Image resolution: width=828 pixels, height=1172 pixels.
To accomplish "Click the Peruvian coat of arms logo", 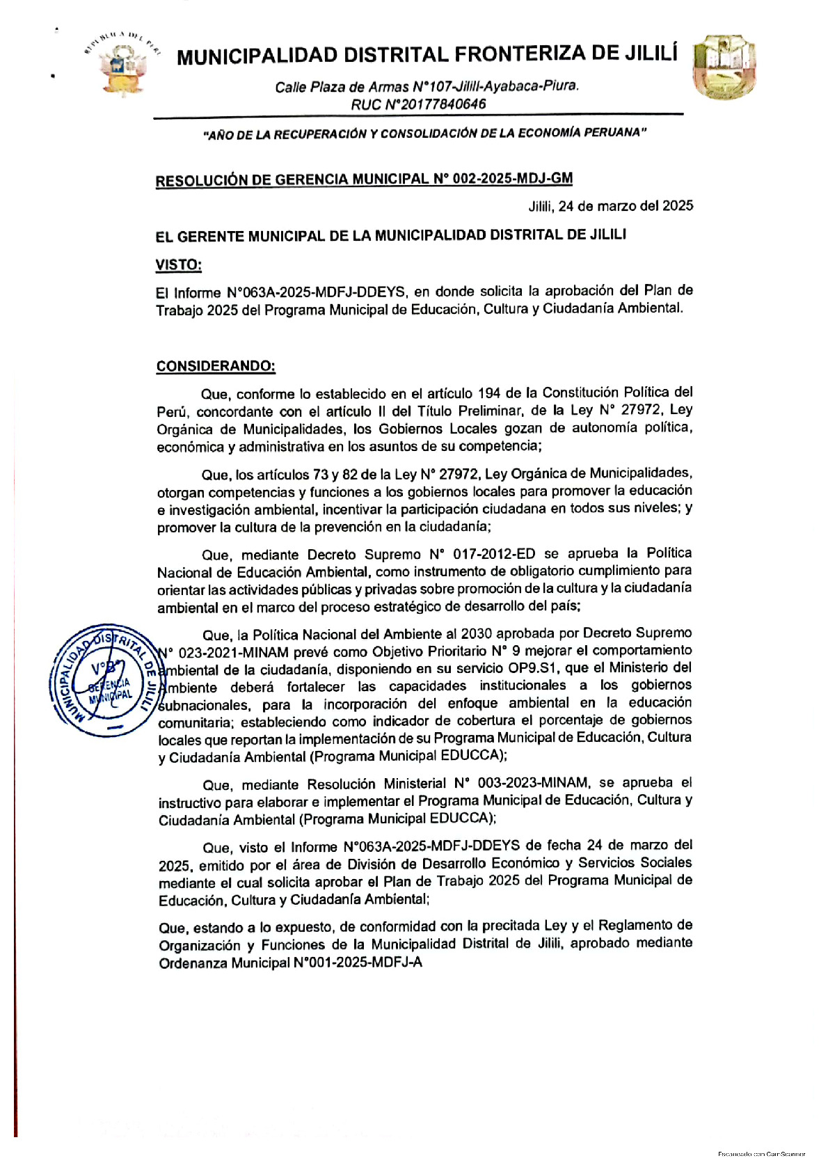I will click(x=122, y=65).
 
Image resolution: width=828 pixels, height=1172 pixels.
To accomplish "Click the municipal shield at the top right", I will click(x=724, y=67).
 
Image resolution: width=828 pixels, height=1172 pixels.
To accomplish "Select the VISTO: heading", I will click(x=179, y=265).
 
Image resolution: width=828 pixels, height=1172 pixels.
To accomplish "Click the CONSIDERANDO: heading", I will click(x=216, y=366).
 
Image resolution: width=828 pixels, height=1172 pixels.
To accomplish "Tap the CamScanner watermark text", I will click(x=761, y=1154).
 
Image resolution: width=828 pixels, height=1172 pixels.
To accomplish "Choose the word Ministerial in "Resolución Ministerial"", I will click(x=415, y=784).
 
